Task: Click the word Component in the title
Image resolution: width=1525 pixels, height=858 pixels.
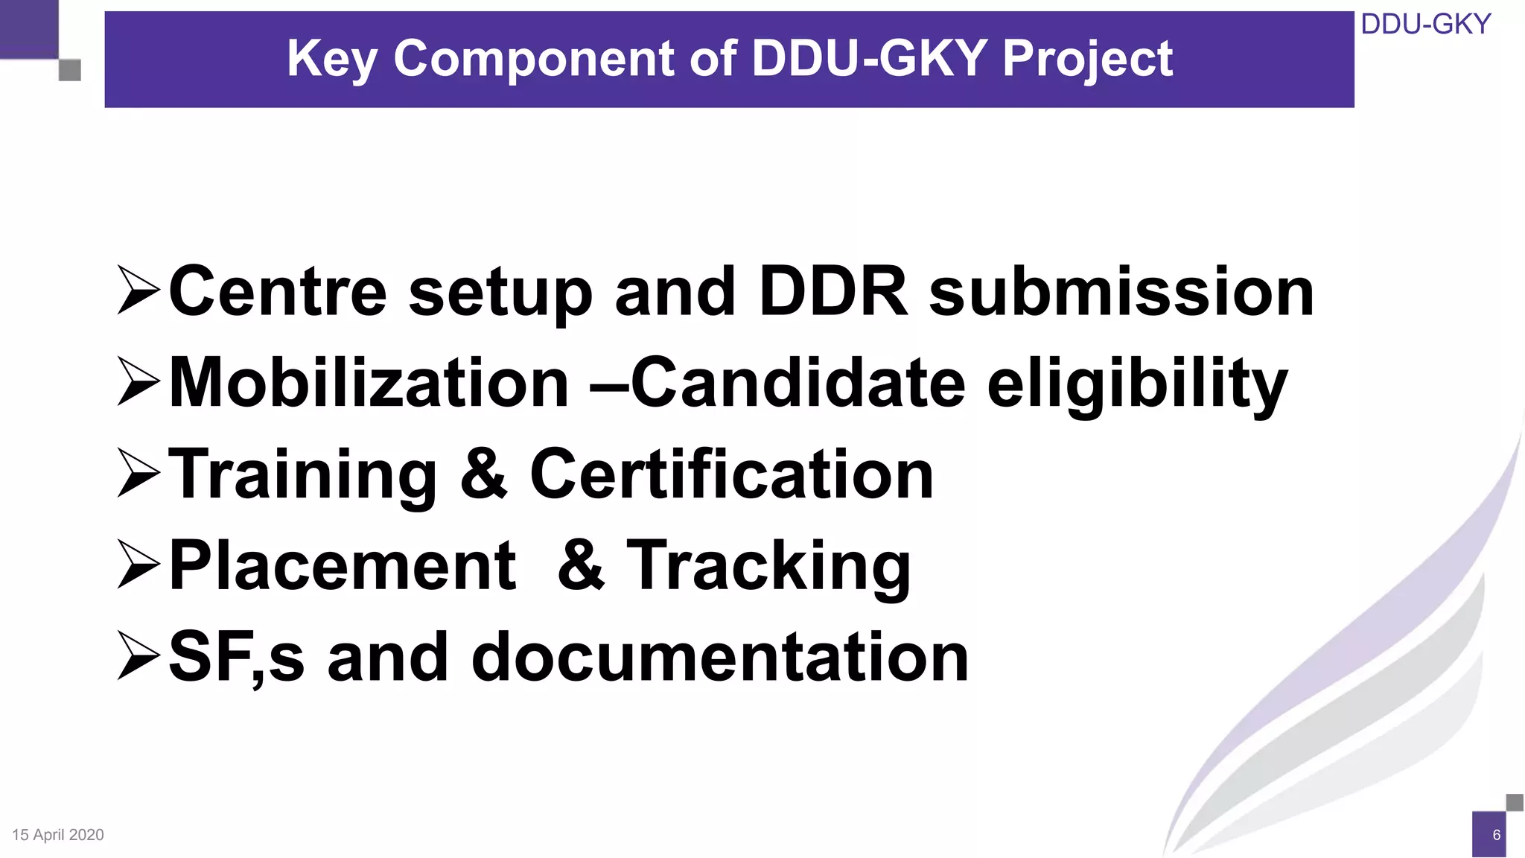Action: pyautogui.click(x=534, y=58)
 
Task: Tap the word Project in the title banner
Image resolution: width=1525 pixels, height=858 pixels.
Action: pyautogui.click(x=1087, y=60)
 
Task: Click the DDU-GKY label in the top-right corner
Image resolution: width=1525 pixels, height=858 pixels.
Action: pyautogui.click(x=1425, y=25)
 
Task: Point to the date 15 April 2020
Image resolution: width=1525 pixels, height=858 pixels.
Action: pyautogui.click(x=58, y=835)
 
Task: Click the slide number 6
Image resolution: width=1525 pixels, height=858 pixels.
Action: pyautogui.click(x=1496, y=835)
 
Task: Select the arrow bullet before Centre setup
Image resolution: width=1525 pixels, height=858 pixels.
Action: pyautogui.click(x=139, y=290)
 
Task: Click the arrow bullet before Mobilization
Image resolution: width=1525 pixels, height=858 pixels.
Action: pyautogui.click(x=139, y=382)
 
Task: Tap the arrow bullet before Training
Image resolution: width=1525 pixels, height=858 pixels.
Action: pyautogui.click(x=139, y=474)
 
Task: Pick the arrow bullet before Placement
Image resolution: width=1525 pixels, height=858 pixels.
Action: pyautogui.click(x=139, y=565)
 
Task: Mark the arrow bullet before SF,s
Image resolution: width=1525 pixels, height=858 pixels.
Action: pyautogui.click(x=139, y=657)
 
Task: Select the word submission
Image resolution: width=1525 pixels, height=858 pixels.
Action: pyautogui.click(x=1121, y=292)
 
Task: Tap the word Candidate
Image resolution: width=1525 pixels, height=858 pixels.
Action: pyautogui.click(x=797, y=382)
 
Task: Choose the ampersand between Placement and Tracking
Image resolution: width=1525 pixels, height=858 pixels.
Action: pyautogui.click(x=581, y=565)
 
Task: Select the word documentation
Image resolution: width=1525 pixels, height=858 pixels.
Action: pyautogui.click(x=719, y=657)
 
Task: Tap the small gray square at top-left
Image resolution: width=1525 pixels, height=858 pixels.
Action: pyautogui.click(x=69, y=70)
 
